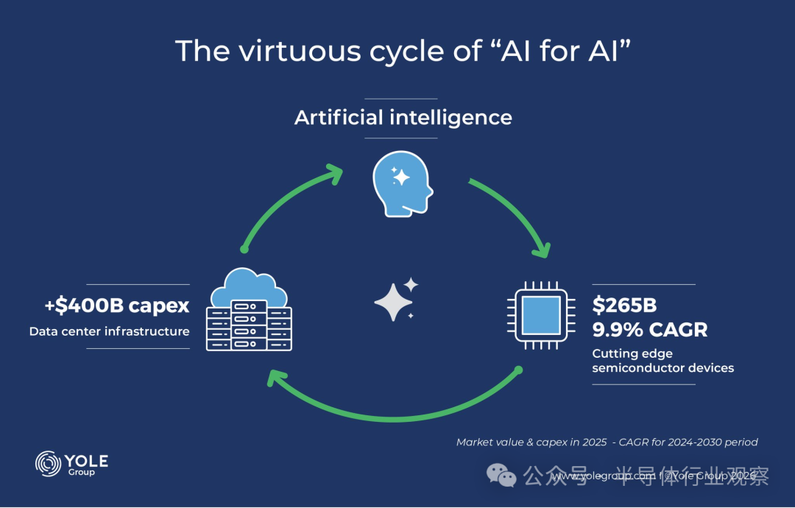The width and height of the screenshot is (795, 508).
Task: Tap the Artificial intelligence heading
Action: pos(403,118)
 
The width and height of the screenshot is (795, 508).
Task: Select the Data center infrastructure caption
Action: pos(110,331)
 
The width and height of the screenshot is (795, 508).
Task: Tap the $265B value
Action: pos(624,306)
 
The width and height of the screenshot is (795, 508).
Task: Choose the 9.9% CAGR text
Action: pos(649,329)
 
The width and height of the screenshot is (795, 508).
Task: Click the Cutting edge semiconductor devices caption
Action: pos(662,361)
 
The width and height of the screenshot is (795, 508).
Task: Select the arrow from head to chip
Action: pos(515,214)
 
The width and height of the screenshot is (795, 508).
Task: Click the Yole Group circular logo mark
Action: pos(49,464)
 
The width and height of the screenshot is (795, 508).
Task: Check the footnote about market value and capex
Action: pos(607,442)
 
